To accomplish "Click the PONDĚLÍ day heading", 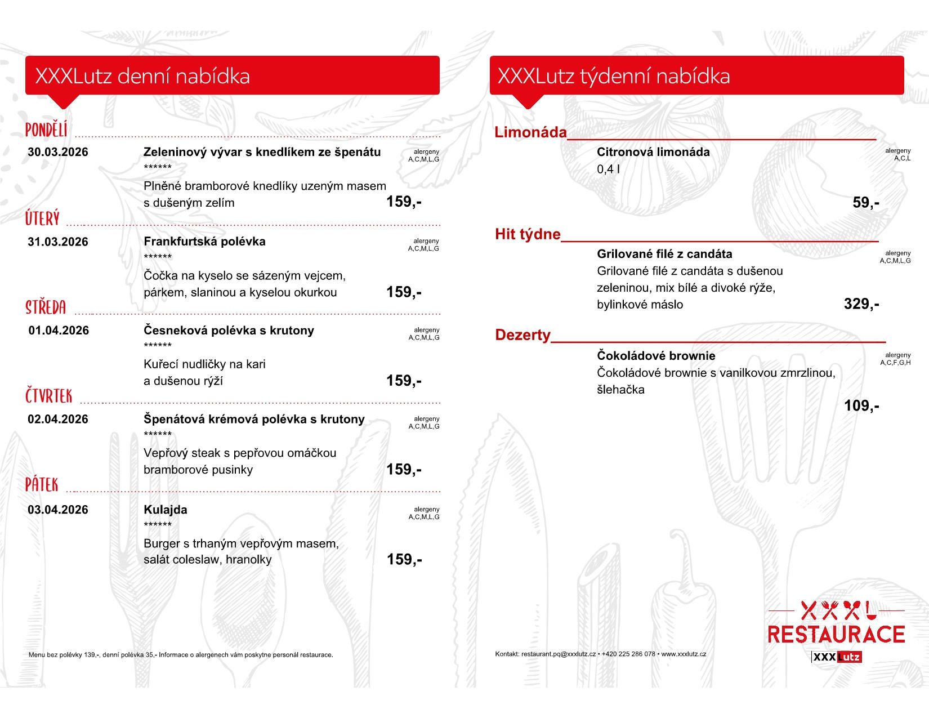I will [46, 130].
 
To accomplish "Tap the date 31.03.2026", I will [58, 242].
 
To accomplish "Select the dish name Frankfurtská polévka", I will [204, 242].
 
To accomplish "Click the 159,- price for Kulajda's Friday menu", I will [404, 559].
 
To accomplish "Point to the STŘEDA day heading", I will [46, 307].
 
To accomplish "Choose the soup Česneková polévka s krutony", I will [229, 331].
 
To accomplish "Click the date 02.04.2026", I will [58, 420].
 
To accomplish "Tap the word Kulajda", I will [166, 510].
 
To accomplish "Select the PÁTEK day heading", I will [42, 485].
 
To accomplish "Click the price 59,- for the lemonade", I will [865, 203].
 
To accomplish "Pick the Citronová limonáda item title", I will [653, 152].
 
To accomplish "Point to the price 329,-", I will [861, 304].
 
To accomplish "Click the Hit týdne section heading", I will [528, 234].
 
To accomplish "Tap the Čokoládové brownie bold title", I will [656, 356].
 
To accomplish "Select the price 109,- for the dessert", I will [861, 406].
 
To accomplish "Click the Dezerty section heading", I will [522, 335].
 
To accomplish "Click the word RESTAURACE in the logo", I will [836, 635].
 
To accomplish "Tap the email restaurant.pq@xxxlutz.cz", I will [558, 654].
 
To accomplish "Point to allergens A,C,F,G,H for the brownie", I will [895, 363].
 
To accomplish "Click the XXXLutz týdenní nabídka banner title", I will [614, 76].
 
